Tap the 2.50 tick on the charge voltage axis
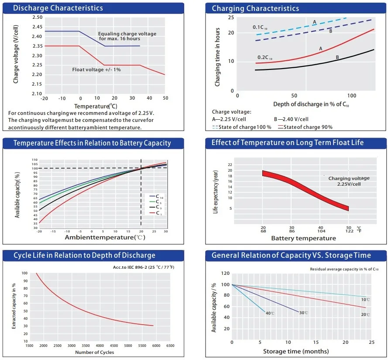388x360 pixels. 37,17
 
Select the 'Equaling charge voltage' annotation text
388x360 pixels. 127,34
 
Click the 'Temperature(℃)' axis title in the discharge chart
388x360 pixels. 96,106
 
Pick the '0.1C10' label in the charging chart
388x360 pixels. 260,28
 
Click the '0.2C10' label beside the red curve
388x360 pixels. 264,58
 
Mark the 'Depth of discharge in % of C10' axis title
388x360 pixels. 311,105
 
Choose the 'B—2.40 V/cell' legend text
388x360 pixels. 292,119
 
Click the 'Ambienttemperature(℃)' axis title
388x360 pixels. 105,237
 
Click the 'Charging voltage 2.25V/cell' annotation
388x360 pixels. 349,181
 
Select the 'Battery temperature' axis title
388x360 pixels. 303,238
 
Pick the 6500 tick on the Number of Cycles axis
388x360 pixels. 171,346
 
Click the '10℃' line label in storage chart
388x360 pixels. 366,299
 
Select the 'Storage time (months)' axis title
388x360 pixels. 296,351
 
